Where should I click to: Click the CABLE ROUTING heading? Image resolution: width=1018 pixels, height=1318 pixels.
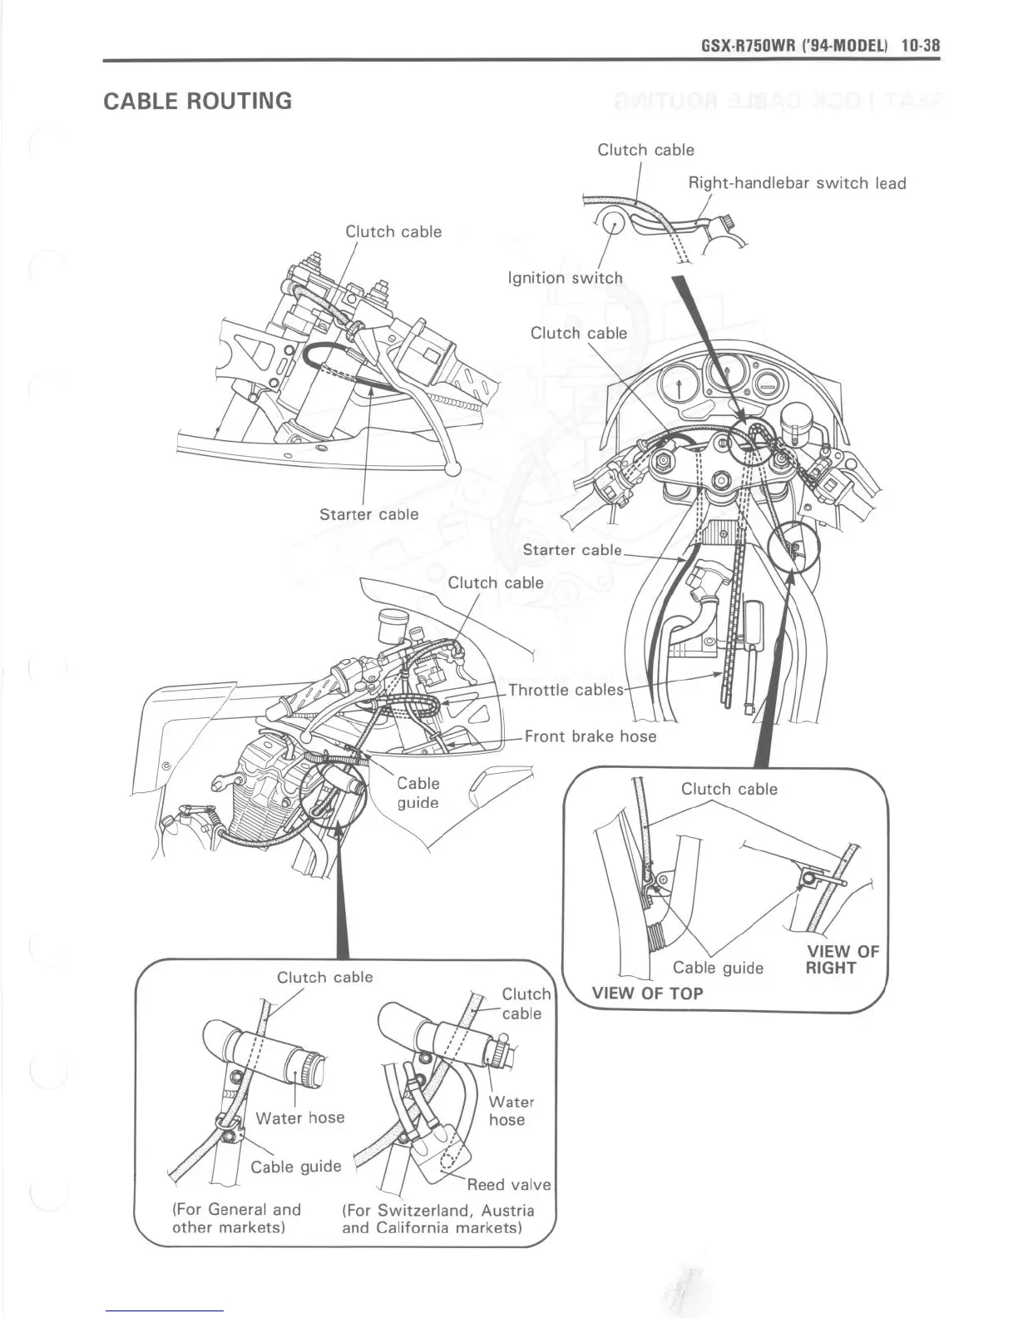[x=197, y=102]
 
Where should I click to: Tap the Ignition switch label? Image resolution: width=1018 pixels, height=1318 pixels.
[x=565, y=278]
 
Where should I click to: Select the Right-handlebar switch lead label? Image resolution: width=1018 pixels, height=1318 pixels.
[x=797, y=183]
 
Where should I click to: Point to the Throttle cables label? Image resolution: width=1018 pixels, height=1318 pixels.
[x=566, y=690]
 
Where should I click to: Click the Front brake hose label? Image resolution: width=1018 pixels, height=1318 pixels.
[x=591, y=736]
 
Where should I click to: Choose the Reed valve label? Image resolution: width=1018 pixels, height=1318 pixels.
[x=509, y=1184]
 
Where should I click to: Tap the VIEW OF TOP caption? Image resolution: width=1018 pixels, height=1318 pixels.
[x=647, y=993]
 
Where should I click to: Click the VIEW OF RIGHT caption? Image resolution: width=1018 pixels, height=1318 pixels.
[x=842, y=959]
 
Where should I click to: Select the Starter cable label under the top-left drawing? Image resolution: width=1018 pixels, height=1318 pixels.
[x=369, y=514]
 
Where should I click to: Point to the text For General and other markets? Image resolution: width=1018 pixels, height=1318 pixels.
[x=236, y=1218]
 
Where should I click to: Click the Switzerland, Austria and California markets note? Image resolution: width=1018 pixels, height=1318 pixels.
[x=438, y=1219]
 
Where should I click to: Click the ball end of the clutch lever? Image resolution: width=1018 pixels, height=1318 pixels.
[x=453, y=469]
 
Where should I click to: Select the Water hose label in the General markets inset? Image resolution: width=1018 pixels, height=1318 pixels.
[x=300, y=1117]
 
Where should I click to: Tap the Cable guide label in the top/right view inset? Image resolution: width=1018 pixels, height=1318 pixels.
[x=718, y=968]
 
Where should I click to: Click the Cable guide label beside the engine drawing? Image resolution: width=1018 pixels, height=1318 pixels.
[x=418, y=793]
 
